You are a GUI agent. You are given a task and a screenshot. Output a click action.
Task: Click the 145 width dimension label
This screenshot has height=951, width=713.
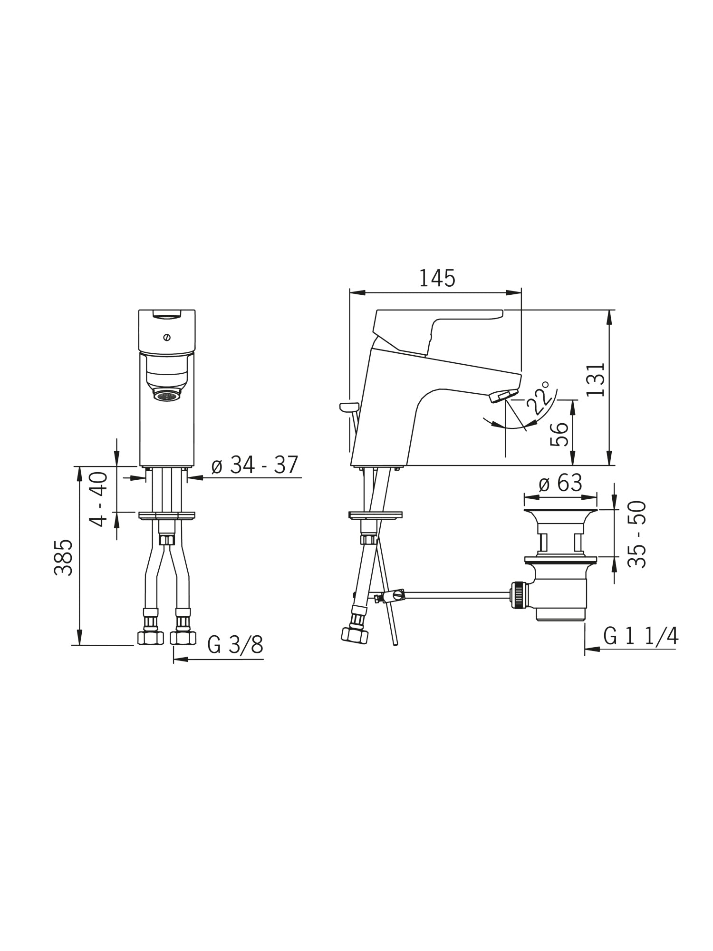click(437, 279)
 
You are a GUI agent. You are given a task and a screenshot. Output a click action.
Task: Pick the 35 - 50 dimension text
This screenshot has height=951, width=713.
click(637, 534)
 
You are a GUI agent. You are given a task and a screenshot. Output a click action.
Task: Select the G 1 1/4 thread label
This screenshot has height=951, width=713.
click(641, 636)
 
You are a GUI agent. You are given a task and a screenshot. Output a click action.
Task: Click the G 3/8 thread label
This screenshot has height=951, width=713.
click(235, 645)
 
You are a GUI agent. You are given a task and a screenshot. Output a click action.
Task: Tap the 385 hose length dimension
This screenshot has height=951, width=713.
click(64, 557)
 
